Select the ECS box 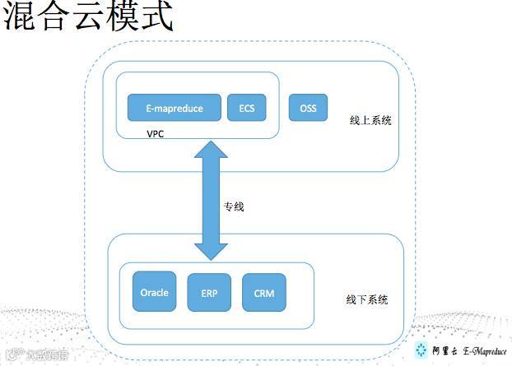click(246, 109)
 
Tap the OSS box click(308, 108)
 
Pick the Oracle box click(154, 293)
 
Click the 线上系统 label click(370, 120)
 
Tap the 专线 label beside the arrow click(234, 206)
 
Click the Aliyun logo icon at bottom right click(421, 350)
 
